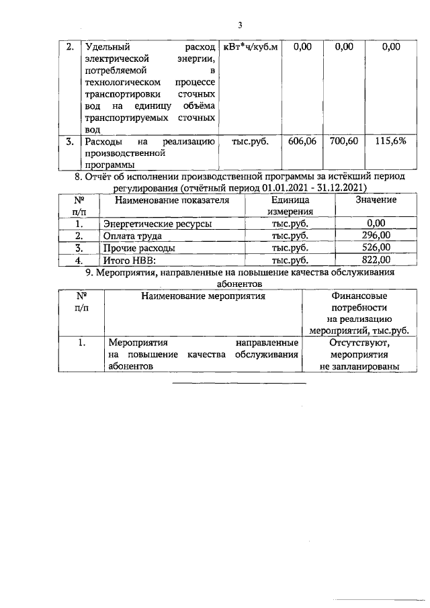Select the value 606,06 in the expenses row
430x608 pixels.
click(302, 142)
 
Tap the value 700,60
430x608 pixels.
click(343, 142)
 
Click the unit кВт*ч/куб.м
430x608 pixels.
click(249, 47)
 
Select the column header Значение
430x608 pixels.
click(376, 200)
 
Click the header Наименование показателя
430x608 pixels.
click(172, 200)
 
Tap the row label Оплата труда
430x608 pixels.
click(131, 236)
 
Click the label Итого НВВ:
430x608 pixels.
click(129, 260)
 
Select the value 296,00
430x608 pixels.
click(376, 236)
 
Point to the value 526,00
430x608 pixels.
click(376, 248)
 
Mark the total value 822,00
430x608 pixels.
click(376, 260)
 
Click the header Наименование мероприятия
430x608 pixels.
click(202, 296)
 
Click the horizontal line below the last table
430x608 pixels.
click(239, 383)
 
